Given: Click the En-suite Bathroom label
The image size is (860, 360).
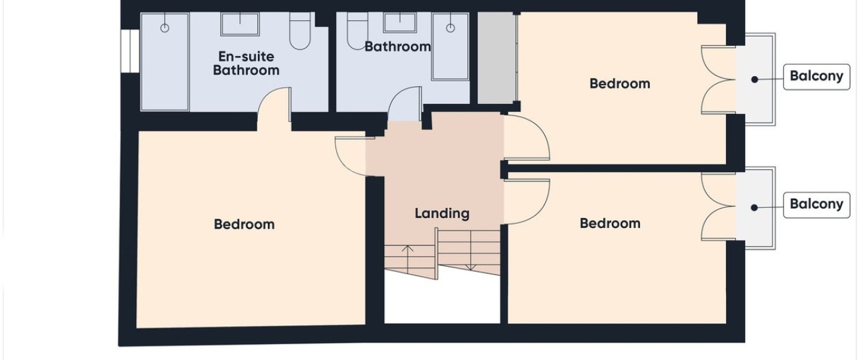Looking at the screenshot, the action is [x=246, y=63].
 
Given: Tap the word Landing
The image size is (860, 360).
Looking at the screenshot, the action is [x=442, y=213].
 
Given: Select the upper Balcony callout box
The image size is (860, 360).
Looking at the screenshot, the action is [x=816, y=77].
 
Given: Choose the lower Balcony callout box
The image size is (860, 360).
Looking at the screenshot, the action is [x=816, y=205].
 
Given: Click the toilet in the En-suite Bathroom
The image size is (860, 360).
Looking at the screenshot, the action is [x=300, y=31].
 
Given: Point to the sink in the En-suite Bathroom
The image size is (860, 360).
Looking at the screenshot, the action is [x=239, y=24].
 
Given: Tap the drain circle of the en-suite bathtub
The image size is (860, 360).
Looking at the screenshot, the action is [x=165, y=28].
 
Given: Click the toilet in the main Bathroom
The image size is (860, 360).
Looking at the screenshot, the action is [x=357, y=31].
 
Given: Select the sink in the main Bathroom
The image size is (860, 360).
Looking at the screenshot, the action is [x=400, y=23].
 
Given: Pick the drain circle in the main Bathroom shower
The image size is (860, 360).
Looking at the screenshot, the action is [x=451, y=28].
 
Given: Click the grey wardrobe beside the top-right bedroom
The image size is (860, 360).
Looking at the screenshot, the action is [x=497, y=57].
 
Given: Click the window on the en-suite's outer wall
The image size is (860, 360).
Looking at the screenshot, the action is [x=130, y=51].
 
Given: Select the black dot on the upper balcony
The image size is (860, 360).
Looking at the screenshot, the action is [x=755, y=79].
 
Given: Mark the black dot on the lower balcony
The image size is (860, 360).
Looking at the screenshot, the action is [x=754, y=207].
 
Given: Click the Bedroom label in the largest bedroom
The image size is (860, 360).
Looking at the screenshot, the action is [x=244, y=225].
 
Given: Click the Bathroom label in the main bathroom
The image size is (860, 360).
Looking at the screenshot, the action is [x=397, y=47].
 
